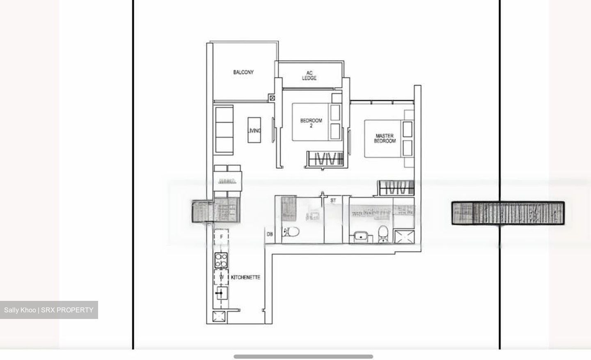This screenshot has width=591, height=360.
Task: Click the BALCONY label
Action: coord(243,72)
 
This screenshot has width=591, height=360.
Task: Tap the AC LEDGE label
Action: coord(309,76)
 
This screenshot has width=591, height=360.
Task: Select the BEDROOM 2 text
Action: coord(311,123)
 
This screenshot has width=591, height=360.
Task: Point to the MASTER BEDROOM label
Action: coord(385,138)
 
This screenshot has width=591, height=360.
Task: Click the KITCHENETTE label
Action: coord(245,277)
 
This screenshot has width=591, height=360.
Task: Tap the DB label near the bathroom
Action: coord(270,234)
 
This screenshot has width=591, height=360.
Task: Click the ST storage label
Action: coord(333,200)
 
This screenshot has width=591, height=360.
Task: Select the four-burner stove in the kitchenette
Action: coord(221,260)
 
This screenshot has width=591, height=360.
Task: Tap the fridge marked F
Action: coord(221,237)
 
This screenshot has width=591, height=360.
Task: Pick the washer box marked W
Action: coord(221,277)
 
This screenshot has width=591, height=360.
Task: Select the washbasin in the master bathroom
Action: coord(361,237)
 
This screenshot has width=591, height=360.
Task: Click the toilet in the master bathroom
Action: coord(383,233)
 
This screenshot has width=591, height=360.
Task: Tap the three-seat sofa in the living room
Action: coord(224,129)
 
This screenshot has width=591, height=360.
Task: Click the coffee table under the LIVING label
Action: coord(254,131)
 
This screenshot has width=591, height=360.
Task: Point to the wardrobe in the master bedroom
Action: coord(396,188)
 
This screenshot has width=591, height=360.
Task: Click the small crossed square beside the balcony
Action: coord(272,98)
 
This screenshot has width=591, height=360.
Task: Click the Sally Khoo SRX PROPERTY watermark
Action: coord(49,310)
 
